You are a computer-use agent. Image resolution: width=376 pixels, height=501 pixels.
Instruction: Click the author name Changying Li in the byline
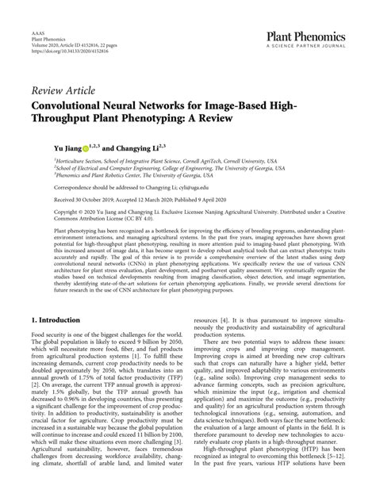(132, 147)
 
